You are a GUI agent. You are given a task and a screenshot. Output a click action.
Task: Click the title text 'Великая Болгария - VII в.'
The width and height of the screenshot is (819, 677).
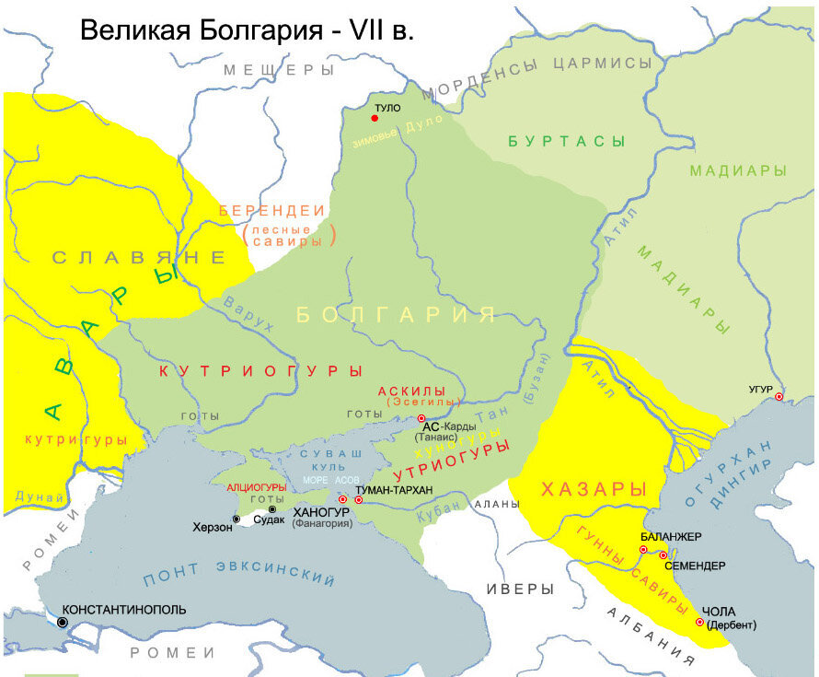tap(248, 30)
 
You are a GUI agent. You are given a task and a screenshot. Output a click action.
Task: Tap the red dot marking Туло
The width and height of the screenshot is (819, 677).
tap(375, 119)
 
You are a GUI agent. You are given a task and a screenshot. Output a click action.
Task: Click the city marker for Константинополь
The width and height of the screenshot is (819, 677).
tap(63, 623)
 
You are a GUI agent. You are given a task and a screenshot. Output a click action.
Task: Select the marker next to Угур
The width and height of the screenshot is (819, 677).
tap(779, 397)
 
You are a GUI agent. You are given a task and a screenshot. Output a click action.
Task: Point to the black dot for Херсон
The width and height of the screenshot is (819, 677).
tap(236, 519)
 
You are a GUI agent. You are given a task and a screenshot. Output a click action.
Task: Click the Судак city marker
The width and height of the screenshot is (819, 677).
tap(271, 509)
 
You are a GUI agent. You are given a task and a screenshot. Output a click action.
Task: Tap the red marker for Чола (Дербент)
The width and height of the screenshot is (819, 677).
tap(699, 623)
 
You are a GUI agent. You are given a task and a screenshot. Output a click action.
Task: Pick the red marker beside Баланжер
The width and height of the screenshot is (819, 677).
tap(643, 550)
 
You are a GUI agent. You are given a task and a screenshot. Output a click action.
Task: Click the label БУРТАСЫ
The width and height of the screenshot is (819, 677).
tap(566, 142)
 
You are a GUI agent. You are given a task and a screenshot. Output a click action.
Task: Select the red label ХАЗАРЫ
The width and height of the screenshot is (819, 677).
tap(594, 488)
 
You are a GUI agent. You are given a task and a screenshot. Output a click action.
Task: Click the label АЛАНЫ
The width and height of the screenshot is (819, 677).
tap(496, 505)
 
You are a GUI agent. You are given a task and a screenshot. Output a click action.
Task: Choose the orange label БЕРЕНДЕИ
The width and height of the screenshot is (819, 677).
tap(273, 210)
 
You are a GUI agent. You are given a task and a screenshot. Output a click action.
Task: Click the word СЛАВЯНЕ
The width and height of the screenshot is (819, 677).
tap(138, 258)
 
